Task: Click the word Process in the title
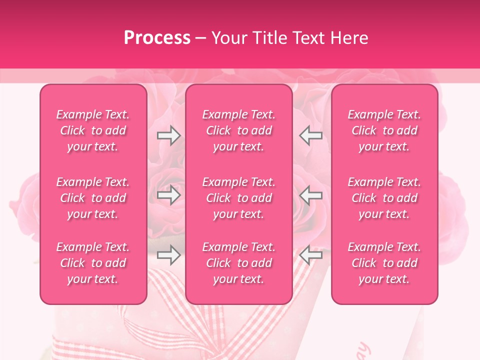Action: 157,37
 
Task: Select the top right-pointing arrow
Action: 169,135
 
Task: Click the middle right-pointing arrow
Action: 169,195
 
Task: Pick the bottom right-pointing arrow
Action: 169,255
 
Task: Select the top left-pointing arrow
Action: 310,135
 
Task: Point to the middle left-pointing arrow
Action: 310,195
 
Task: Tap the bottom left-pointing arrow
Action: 310,255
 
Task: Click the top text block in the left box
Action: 93,130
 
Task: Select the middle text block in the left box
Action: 93,198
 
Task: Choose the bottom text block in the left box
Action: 93,263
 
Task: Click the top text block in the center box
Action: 238,130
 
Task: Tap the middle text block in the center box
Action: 238,198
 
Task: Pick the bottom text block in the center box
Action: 238,263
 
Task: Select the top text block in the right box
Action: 384,130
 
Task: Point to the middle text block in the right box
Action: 384,198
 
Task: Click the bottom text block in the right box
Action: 384,263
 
